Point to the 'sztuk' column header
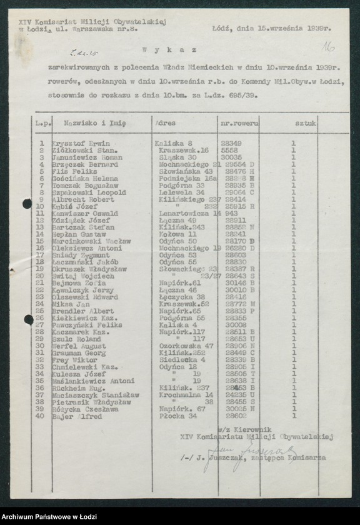click(x=306, y=124)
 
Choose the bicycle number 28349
click(x=232, y=143)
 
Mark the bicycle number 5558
click(x=229, y=151)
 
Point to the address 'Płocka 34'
click(x=175, y=416)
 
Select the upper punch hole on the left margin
click(x=27, y=204)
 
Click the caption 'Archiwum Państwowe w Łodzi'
click(x=47, y=516)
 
